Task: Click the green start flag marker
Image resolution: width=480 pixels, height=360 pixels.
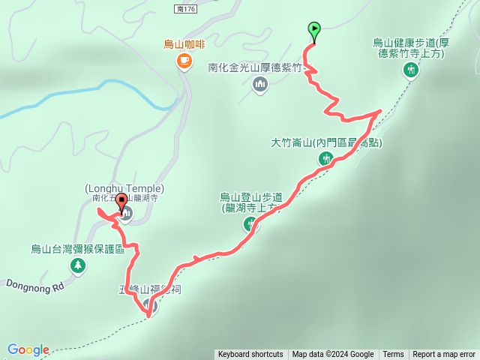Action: tap(313, 31)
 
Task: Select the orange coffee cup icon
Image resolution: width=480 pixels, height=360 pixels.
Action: tap(184, 61)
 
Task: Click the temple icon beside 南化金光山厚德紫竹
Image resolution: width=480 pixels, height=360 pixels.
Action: tap(260, 84)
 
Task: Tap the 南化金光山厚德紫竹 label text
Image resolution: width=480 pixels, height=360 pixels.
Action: tap(255, 67)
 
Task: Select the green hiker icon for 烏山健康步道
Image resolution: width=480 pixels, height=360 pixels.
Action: tap(410, 70)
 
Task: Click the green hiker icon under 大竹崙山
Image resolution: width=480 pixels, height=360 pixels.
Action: tap(325, 158)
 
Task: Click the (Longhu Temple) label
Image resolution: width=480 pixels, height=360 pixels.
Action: tap(124, 188)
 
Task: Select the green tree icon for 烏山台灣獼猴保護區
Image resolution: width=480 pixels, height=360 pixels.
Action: tap(77, 265)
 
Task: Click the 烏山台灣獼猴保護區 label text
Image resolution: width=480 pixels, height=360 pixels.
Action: tap(78, 249)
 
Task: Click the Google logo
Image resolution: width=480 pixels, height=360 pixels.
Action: tap(28, 349)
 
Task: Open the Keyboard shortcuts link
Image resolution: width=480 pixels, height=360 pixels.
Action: tap(250, 355)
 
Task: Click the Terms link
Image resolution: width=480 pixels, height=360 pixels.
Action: tap(393, 355)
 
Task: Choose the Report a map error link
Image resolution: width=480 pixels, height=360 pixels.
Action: tap(444, 355)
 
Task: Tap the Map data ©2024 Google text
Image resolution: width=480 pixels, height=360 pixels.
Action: tap(333, 355)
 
